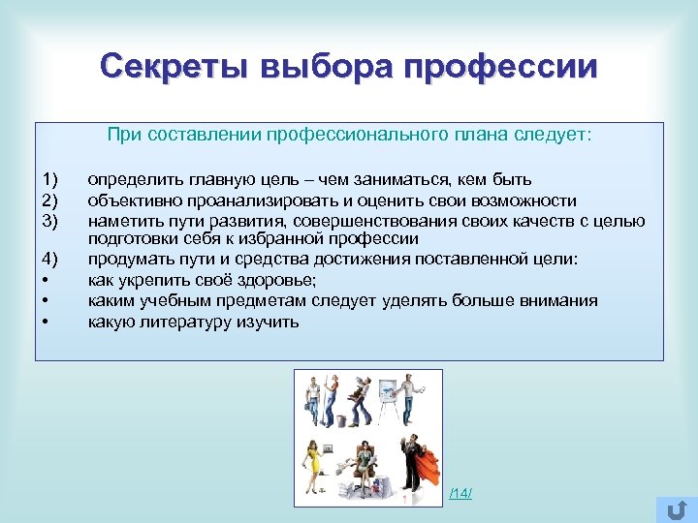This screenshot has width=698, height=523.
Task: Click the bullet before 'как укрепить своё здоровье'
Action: click(x=47, y=280)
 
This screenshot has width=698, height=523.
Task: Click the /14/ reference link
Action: click(x=460, y=494)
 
